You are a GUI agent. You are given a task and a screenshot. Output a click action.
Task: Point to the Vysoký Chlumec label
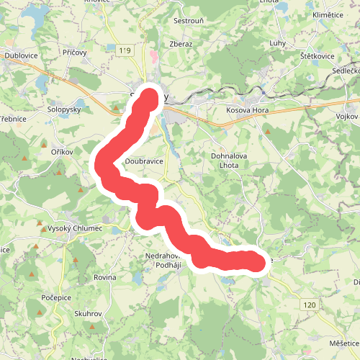pyautogui.click(x=75, y=228)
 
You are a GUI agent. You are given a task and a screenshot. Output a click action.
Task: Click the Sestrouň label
pyautogui.click(x=192, y=22)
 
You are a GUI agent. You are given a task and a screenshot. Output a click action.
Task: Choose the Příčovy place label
pyautogui.click(x=75, y=53)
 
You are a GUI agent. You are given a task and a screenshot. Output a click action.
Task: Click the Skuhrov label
pyautogui.click(x=89, y=315)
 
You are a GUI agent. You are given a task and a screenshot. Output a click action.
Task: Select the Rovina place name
pyautogui.click(x=105, y=277)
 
